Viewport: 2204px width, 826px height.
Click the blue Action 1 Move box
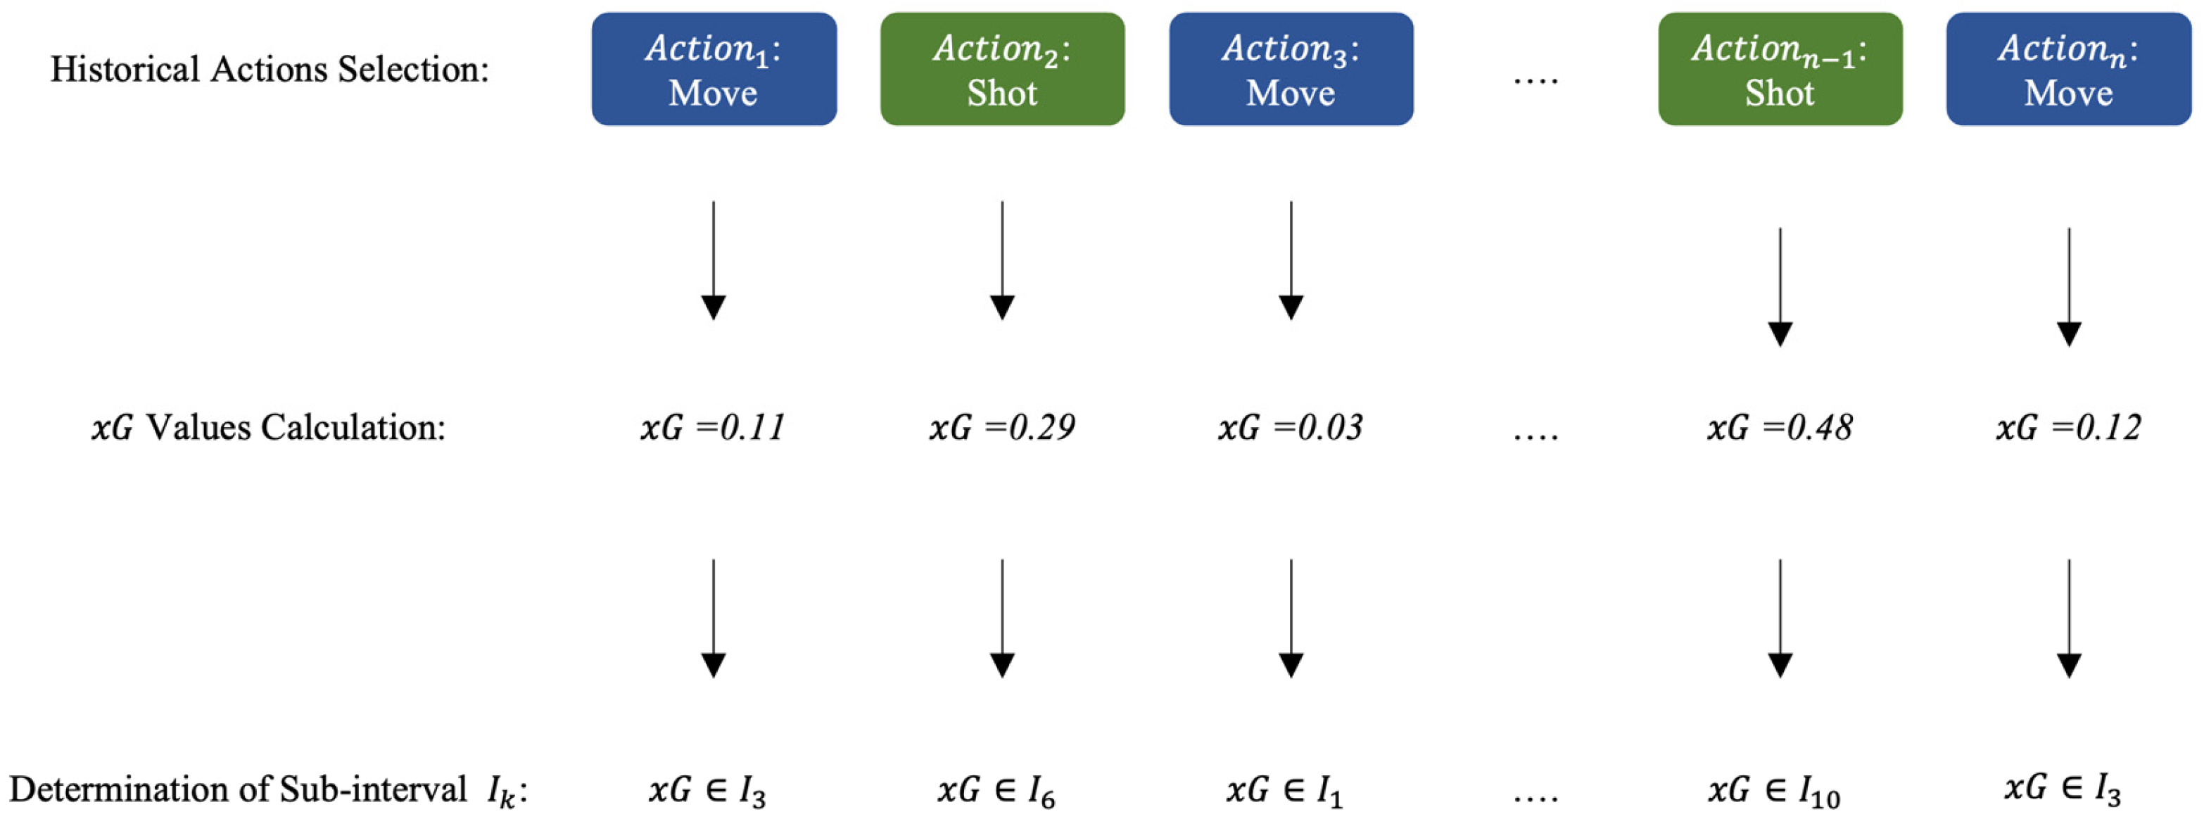[x=714, y=69]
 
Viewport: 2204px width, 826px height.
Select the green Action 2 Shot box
[x=1002, y=69]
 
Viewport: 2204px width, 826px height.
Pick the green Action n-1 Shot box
[x=1780, y=69]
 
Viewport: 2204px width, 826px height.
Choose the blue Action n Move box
[x=2068, y=69]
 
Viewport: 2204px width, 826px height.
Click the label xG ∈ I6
[x=996, y=791]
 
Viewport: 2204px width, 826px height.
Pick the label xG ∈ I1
[x=1285, y=791]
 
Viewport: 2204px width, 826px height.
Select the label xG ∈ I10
[x=1773, y=791]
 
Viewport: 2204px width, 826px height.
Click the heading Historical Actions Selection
[x=270, y=69]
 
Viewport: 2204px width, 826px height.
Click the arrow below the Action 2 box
[x=1002, y=261]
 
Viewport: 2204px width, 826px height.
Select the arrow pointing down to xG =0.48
[x=1780, y=286]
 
